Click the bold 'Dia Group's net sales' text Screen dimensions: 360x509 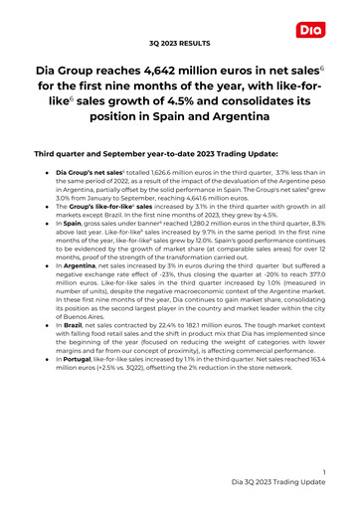(90, 201)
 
